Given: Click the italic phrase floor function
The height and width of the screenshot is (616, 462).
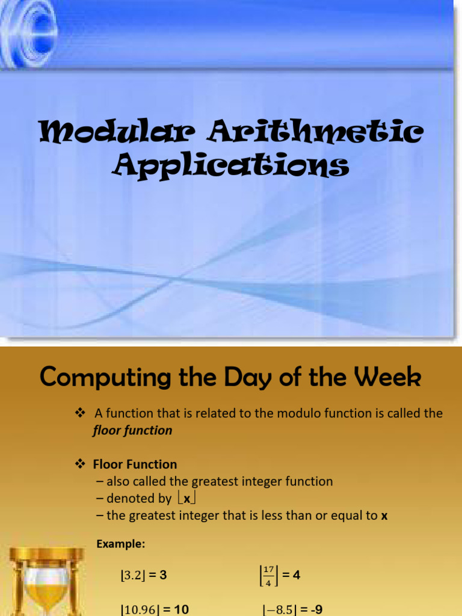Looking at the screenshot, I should click(x=132, y=430).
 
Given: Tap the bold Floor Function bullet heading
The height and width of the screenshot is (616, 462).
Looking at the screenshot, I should click(x=135, y=464).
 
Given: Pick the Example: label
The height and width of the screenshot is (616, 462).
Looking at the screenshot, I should click(x=120, y=544).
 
